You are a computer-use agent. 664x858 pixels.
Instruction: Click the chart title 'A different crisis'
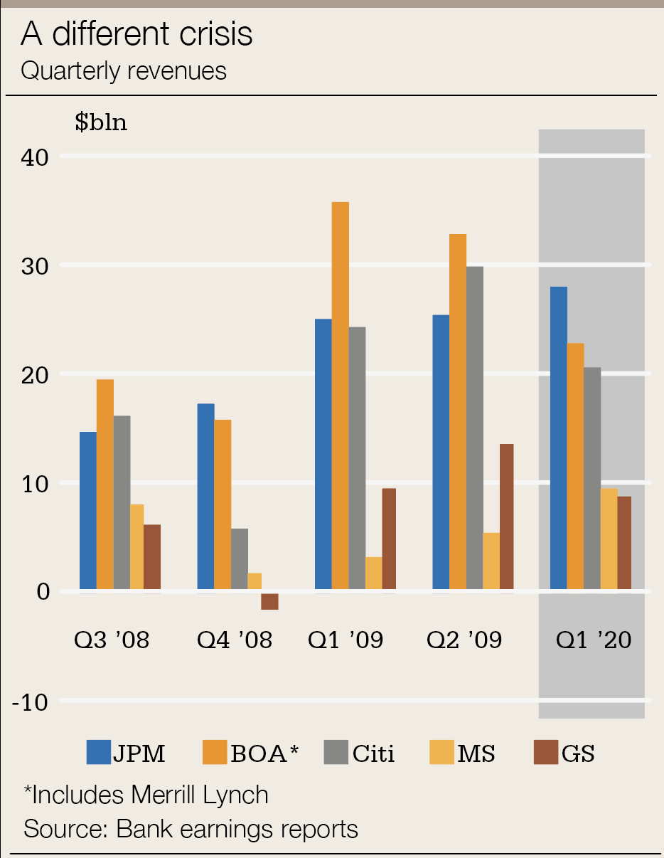(136, 34)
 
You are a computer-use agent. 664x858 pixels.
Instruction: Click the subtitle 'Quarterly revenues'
(124, 71)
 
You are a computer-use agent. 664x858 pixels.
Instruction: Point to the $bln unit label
(101, 122)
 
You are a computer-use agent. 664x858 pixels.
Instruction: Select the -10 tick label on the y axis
(29, 702)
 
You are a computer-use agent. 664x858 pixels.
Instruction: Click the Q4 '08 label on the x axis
(235, 640)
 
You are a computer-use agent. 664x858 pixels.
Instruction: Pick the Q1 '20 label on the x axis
(594, 640)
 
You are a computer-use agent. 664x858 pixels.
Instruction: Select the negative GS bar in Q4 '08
(269, 601)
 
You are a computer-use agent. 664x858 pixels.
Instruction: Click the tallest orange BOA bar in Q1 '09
(341, 395)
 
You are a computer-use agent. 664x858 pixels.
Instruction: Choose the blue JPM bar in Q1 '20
(559, 438)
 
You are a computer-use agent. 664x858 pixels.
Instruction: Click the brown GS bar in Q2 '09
(506, 517)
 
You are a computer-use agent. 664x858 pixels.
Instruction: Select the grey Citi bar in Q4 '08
(240, 558)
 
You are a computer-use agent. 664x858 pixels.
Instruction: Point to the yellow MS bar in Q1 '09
(374, 573)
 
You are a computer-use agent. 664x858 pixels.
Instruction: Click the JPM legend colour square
(98, 752)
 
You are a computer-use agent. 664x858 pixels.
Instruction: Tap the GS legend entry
(564, 753)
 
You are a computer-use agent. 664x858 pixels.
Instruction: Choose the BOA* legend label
(262, 753)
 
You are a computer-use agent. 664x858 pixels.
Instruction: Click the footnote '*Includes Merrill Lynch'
(146, 794)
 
